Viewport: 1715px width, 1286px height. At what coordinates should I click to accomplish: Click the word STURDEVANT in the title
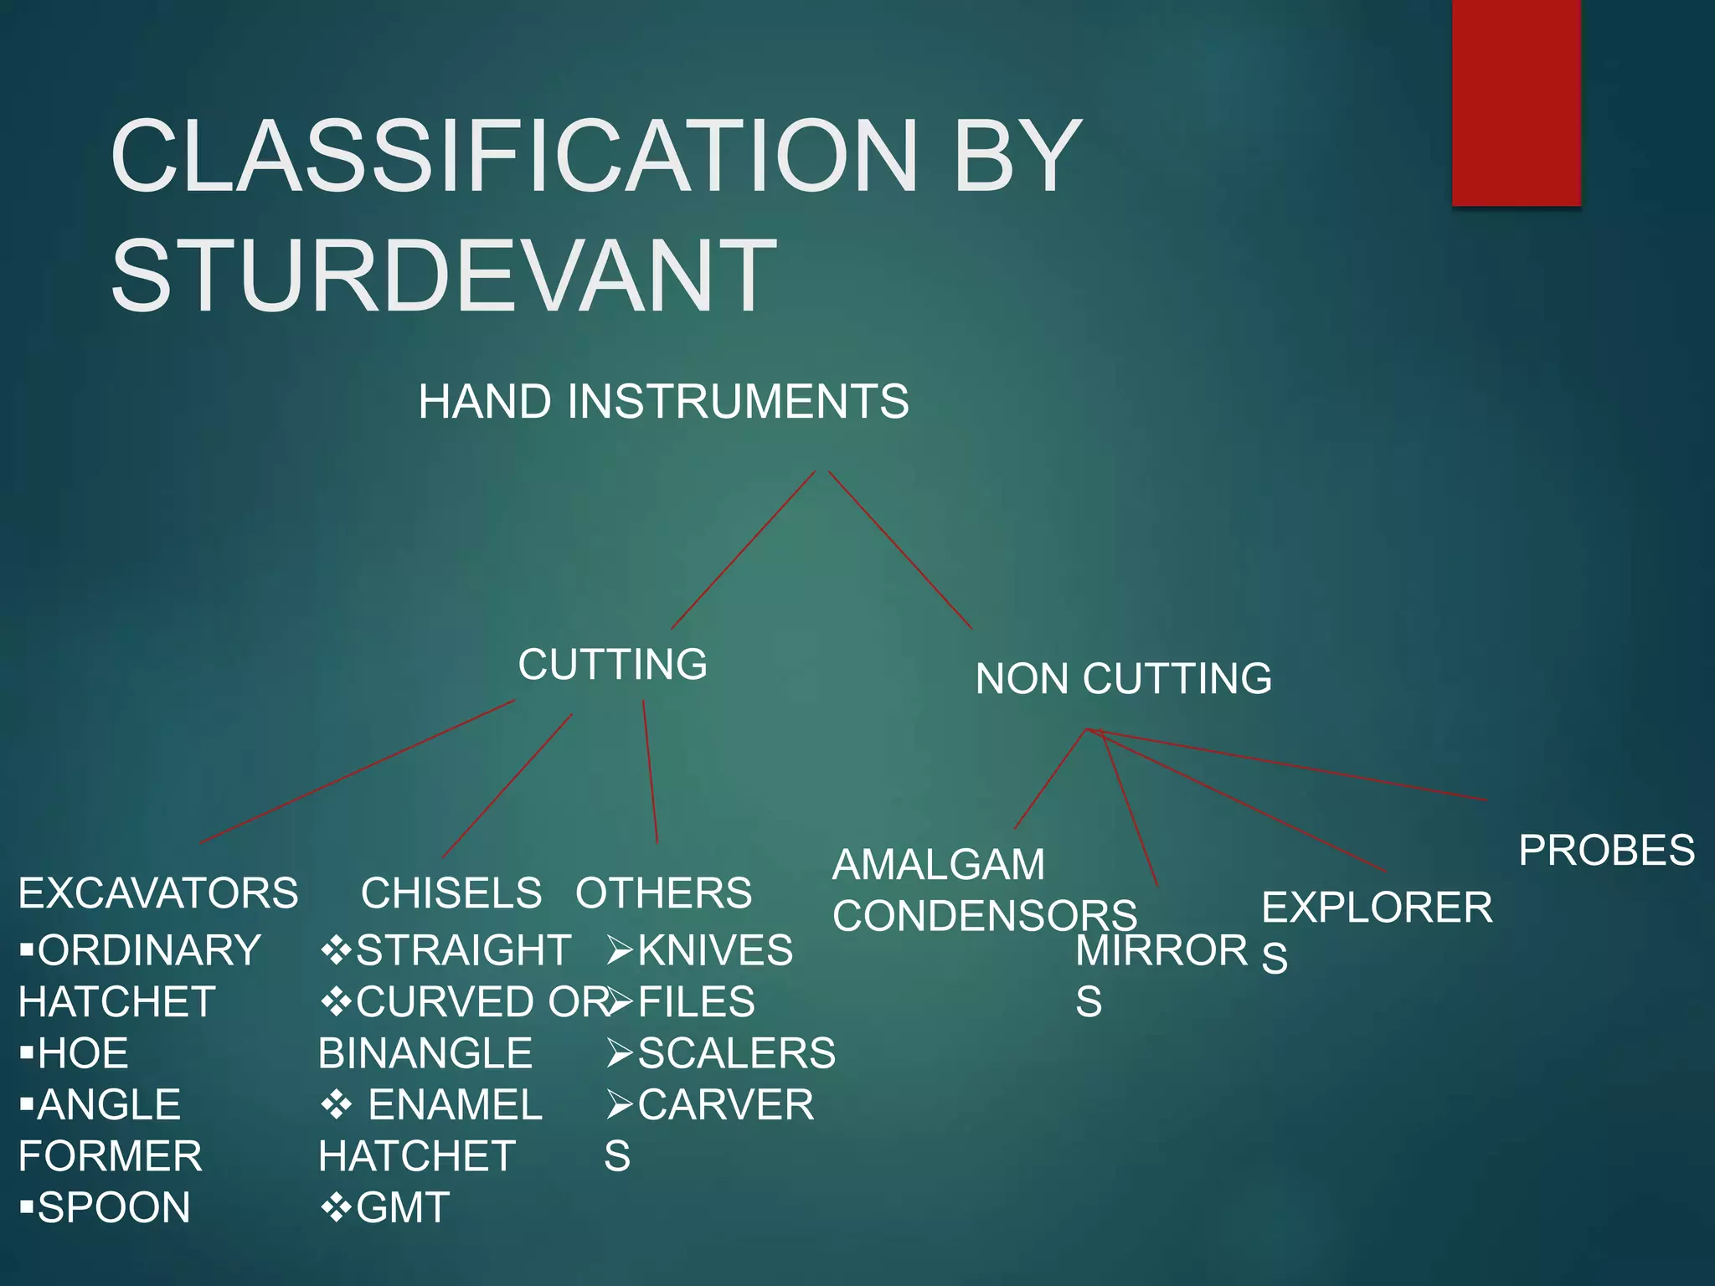tap(443, 275)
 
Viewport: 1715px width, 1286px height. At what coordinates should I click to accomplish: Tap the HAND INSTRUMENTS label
tap(663, 401)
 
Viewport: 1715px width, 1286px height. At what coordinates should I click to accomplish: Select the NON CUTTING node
tap(1123, 678)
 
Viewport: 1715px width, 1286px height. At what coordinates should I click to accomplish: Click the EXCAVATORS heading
tap(158, 892)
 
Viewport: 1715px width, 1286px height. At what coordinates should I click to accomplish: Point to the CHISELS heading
tap(451, 892)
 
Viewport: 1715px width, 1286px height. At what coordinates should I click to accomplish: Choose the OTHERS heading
tap(663, 892)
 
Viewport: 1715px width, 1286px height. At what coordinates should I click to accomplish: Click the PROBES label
tap(1606, 851)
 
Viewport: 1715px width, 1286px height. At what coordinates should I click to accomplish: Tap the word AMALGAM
tap(939, 864)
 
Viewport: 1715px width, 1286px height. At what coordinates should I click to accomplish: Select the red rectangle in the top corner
tap(1516, 102)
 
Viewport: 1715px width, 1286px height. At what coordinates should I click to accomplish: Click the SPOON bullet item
tap(114, 1207)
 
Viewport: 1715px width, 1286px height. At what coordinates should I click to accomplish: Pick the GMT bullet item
tap(402, 1207)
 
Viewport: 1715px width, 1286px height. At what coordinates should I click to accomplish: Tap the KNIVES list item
tap(714, 950)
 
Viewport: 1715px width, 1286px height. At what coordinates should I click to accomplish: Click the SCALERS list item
tap(736, 1053)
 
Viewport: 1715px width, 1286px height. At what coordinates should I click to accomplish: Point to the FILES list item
tap(696, 1002)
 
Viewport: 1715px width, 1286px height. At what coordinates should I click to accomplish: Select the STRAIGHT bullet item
tap(462, 950)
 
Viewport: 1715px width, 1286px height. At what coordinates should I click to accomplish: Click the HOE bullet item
tap(83, 1053)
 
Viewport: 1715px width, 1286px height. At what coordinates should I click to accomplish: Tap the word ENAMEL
tap(456, 1105)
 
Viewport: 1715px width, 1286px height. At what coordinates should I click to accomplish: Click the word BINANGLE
tap(425, 1053)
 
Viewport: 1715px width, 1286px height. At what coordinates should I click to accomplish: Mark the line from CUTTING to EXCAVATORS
tap(358, 771)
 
